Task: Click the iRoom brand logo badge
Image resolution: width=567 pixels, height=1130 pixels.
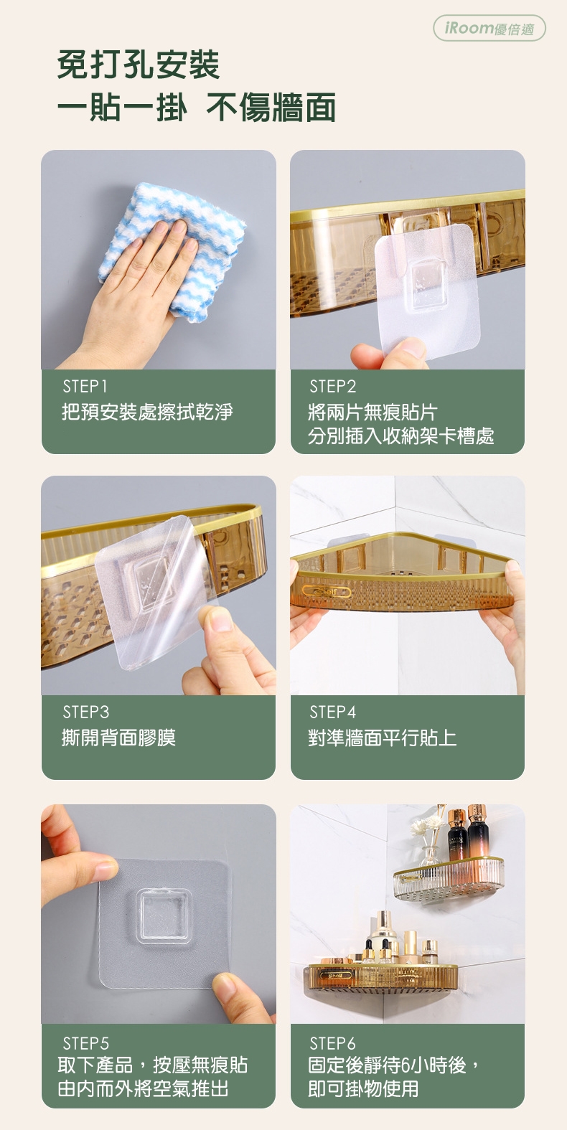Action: click(489, 28)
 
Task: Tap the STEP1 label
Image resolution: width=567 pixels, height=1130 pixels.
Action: click(85, 387)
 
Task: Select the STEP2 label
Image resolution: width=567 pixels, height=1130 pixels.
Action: click(332, 387)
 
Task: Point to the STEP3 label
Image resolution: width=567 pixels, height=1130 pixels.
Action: click(85, 712)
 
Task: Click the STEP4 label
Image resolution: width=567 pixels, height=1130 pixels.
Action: click(332, 712)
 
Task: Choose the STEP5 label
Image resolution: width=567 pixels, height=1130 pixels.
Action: click(85, 1043)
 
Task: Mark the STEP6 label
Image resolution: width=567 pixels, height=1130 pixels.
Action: click(332, 1043)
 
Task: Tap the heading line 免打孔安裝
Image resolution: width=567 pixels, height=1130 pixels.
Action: click(139, 65)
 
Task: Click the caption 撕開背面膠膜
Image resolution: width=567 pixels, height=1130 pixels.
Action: click(118, 738)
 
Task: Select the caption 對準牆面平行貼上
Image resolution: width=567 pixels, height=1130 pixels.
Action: click(383, 738)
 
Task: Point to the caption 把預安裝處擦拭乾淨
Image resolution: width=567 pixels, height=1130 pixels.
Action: click(147, 412)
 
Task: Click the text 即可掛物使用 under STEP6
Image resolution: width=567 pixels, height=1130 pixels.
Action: click(363, 1088)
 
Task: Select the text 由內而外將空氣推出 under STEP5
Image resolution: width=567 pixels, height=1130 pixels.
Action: click(144, 1088)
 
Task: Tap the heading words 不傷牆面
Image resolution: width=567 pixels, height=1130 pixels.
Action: click(271, 108)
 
